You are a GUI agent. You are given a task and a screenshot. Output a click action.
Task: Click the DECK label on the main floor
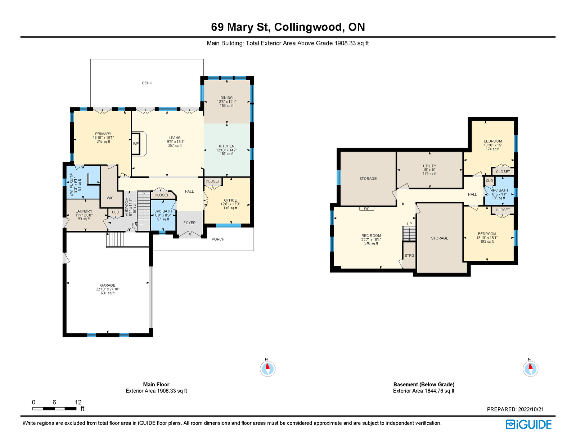(147, 83)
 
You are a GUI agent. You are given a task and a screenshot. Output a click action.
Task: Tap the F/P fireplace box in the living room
(136, 143)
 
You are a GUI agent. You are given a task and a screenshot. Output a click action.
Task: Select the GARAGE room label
(108, 285)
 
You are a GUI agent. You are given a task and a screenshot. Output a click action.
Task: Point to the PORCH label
(218, 239)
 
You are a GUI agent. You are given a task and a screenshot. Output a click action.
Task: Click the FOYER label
(189, 223)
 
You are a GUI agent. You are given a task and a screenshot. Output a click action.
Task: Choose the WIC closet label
(110, 198)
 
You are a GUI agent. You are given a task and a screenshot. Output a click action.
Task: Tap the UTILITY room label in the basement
(429, 166)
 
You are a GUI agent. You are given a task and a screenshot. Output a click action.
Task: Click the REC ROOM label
(371, 235)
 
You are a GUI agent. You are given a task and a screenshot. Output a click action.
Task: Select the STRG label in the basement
(409, 256)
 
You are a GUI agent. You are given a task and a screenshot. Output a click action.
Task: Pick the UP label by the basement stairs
(409, 224)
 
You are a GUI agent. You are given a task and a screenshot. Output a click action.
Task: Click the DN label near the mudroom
(134, 225)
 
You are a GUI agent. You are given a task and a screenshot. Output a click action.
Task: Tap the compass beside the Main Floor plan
(267, 368)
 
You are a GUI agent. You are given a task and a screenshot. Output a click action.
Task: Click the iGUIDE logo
(528, 424)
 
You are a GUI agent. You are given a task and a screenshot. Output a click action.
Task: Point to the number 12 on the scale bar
(78, 402)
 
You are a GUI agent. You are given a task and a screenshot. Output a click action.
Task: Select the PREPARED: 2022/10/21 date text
(515, 409)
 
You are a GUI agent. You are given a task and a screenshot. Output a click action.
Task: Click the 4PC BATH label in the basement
(499, 190)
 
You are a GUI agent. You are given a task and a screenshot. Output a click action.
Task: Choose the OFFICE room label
(230, 200)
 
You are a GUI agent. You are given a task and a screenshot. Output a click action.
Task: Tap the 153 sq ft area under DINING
(227, 105)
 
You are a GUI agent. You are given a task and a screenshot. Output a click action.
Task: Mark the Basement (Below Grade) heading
(424, 384)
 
